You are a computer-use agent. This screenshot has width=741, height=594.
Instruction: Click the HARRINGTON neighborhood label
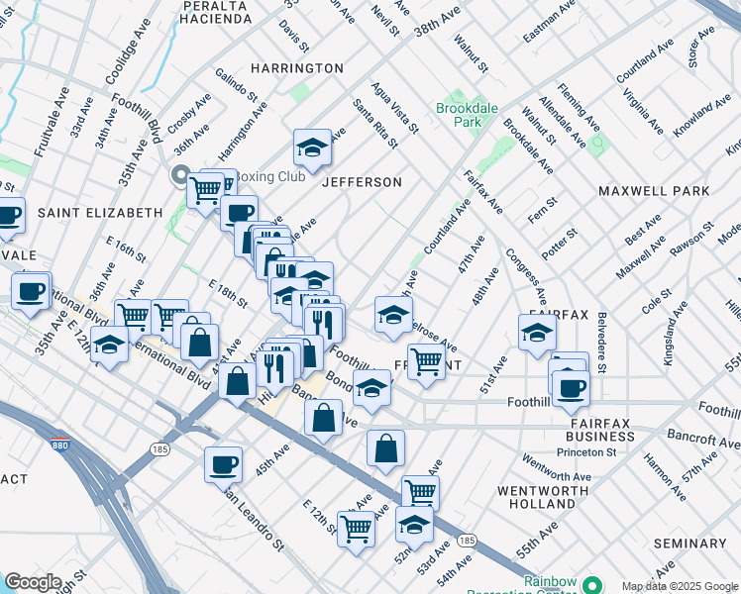tap(296, 68)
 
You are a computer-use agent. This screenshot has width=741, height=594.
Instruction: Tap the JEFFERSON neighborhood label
tap(361, 182)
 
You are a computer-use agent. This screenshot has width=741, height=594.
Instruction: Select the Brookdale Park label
tap(459, 114)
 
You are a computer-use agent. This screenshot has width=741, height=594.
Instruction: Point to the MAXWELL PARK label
tap(654, 190)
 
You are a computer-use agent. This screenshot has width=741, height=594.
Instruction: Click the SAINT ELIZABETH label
tap(99, 213)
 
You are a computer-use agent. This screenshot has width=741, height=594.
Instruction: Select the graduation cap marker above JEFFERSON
tap(312, 149)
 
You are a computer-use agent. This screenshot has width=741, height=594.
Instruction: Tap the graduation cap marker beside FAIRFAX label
tap(536, 333)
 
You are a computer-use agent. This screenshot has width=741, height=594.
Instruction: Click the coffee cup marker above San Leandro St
tap(223, 464)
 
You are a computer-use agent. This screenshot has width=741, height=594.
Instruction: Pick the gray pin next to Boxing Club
tap(180, 176)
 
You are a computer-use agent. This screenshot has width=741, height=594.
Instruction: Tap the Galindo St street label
tap(239, 87)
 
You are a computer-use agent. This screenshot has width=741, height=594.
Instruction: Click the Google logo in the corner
tap(33, 582)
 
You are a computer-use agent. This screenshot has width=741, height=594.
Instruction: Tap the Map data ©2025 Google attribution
tap(679, 586)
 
